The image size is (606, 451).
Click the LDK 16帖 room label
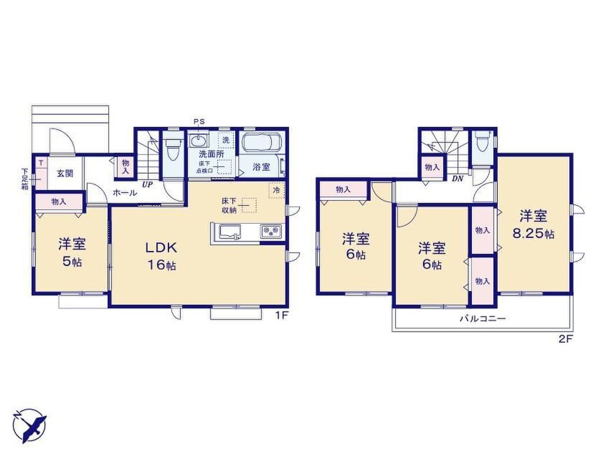(161, 255)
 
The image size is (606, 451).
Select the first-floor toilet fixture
(172, 149)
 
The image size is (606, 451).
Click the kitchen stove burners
(271, 231)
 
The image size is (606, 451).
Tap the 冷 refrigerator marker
(277, 190)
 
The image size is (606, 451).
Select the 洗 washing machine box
(226, 140)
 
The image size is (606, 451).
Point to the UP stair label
(147, 185)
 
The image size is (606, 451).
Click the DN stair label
(457, 179)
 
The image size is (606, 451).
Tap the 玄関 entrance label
(65, 173)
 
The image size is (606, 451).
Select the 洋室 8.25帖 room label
(533, 224)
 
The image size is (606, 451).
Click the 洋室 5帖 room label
(72, 253)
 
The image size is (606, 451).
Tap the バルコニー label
(483, 319)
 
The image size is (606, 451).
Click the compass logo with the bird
(29, 425)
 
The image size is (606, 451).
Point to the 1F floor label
(281, 315)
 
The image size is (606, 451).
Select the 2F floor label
(565, 339)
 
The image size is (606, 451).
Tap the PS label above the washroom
(199, 122)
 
